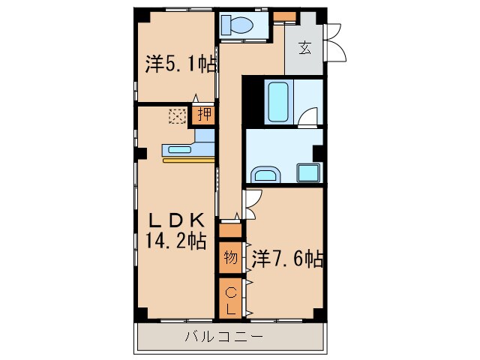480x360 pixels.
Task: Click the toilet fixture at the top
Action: coord(238,25)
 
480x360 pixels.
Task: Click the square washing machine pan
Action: coord(309,172)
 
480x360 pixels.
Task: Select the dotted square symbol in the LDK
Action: coord(178,115)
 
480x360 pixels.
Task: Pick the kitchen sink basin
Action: coord(181,148)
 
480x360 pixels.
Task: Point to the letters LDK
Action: coord(175,220)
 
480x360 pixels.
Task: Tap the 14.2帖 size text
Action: coord(175,241)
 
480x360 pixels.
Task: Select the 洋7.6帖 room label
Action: coord(287,259)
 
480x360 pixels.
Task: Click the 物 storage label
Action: coord(230,259)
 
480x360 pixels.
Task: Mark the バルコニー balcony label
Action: coord(224,337)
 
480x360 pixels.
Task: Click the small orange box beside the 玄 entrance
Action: coord(283,16)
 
